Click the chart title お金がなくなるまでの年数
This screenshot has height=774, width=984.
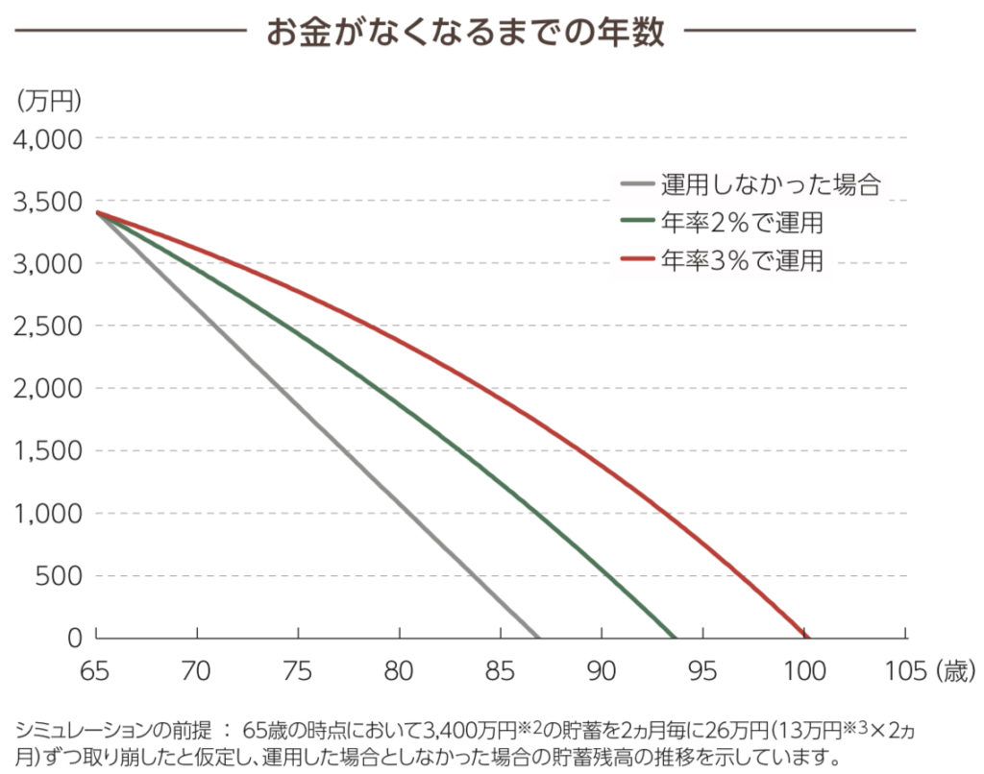[465, 33]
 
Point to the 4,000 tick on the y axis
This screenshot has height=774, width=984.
[47, 139]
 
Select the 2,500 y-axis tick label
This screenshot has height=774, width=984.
[47, 327]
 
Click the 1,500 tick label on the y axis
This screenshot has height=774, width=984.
[47, 451]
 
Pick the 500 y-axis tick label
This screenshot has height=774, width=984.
[60, 576]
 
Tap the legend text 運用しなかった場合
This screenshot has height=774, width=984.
[771, 185]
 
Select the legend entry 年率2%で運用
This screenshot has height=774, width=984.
[742, 223]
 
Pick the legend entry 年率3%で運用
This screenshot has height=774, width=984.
[742, 259]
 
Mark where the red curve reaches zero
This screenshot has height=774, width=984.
[807, 637]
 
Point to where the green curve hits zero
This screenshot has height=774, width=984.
[676, 637]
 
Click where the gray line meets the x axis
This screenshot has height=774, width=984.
[539, 637]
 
